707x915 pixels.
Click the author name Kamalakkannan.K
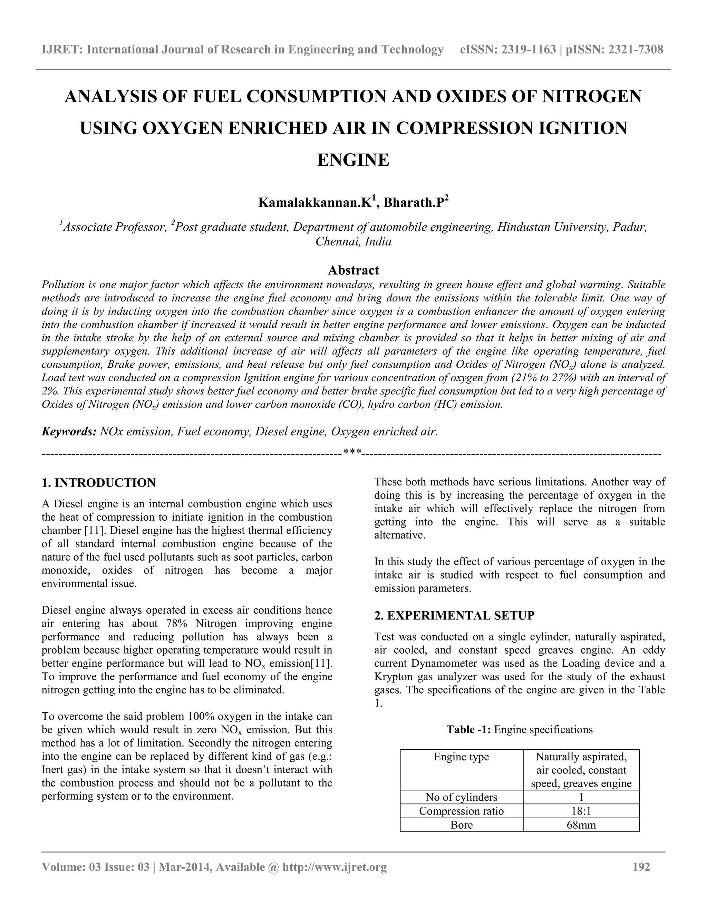pos(314,203)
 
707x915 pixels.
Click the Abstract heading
pos(353,270)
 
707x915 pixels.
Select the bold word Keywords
pos(69,432)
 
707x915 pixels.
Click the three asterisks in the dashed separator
pos(352,452)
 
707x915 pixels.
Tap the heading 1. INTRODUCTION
pos(98,483)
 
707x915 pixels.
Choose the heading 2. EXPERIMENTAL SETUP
pos(454,615)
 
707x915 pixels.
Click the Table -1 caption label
pos(469,729)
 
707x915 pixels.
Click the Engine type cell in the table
pos(461,757)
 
